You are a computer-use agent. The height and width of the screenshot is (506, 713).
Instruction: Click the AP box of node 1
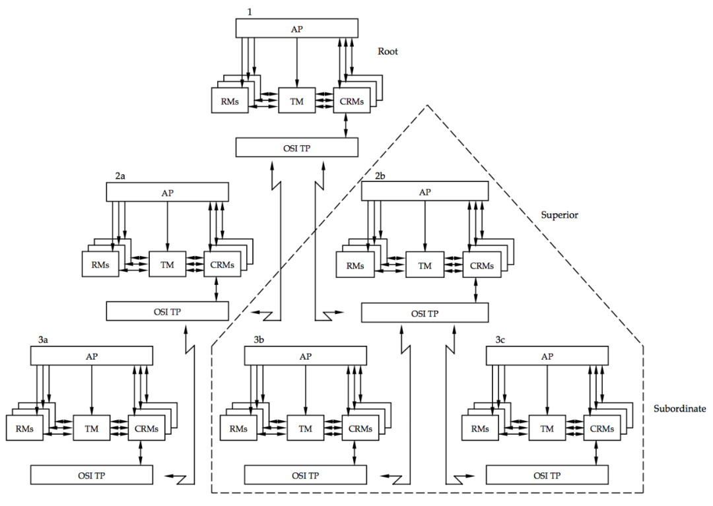[296, 28]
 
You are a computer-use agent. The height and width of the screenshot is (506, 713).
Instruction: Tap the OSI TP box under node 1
[296, 148]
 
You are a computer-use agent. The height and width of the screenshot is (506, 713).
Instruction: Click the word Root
[388, 51]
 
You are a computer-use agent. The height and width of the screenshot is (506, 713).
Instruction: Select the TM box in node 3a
[91, 427]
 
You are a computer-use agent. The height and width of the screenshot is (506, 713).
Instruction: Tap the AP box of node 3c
[547, 356]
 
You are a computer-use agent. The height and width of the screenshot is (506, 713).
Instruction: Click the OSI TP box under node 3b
[305, 475]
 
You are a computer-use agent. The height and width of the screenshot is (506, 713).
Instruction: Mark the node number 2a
[120, 177]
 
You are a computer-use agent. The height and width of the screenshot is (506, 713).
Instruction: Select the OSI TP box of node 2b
[424, 313]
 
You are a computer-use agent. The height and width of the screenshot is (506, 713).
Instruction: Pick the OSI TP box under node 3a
[91, 475]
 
